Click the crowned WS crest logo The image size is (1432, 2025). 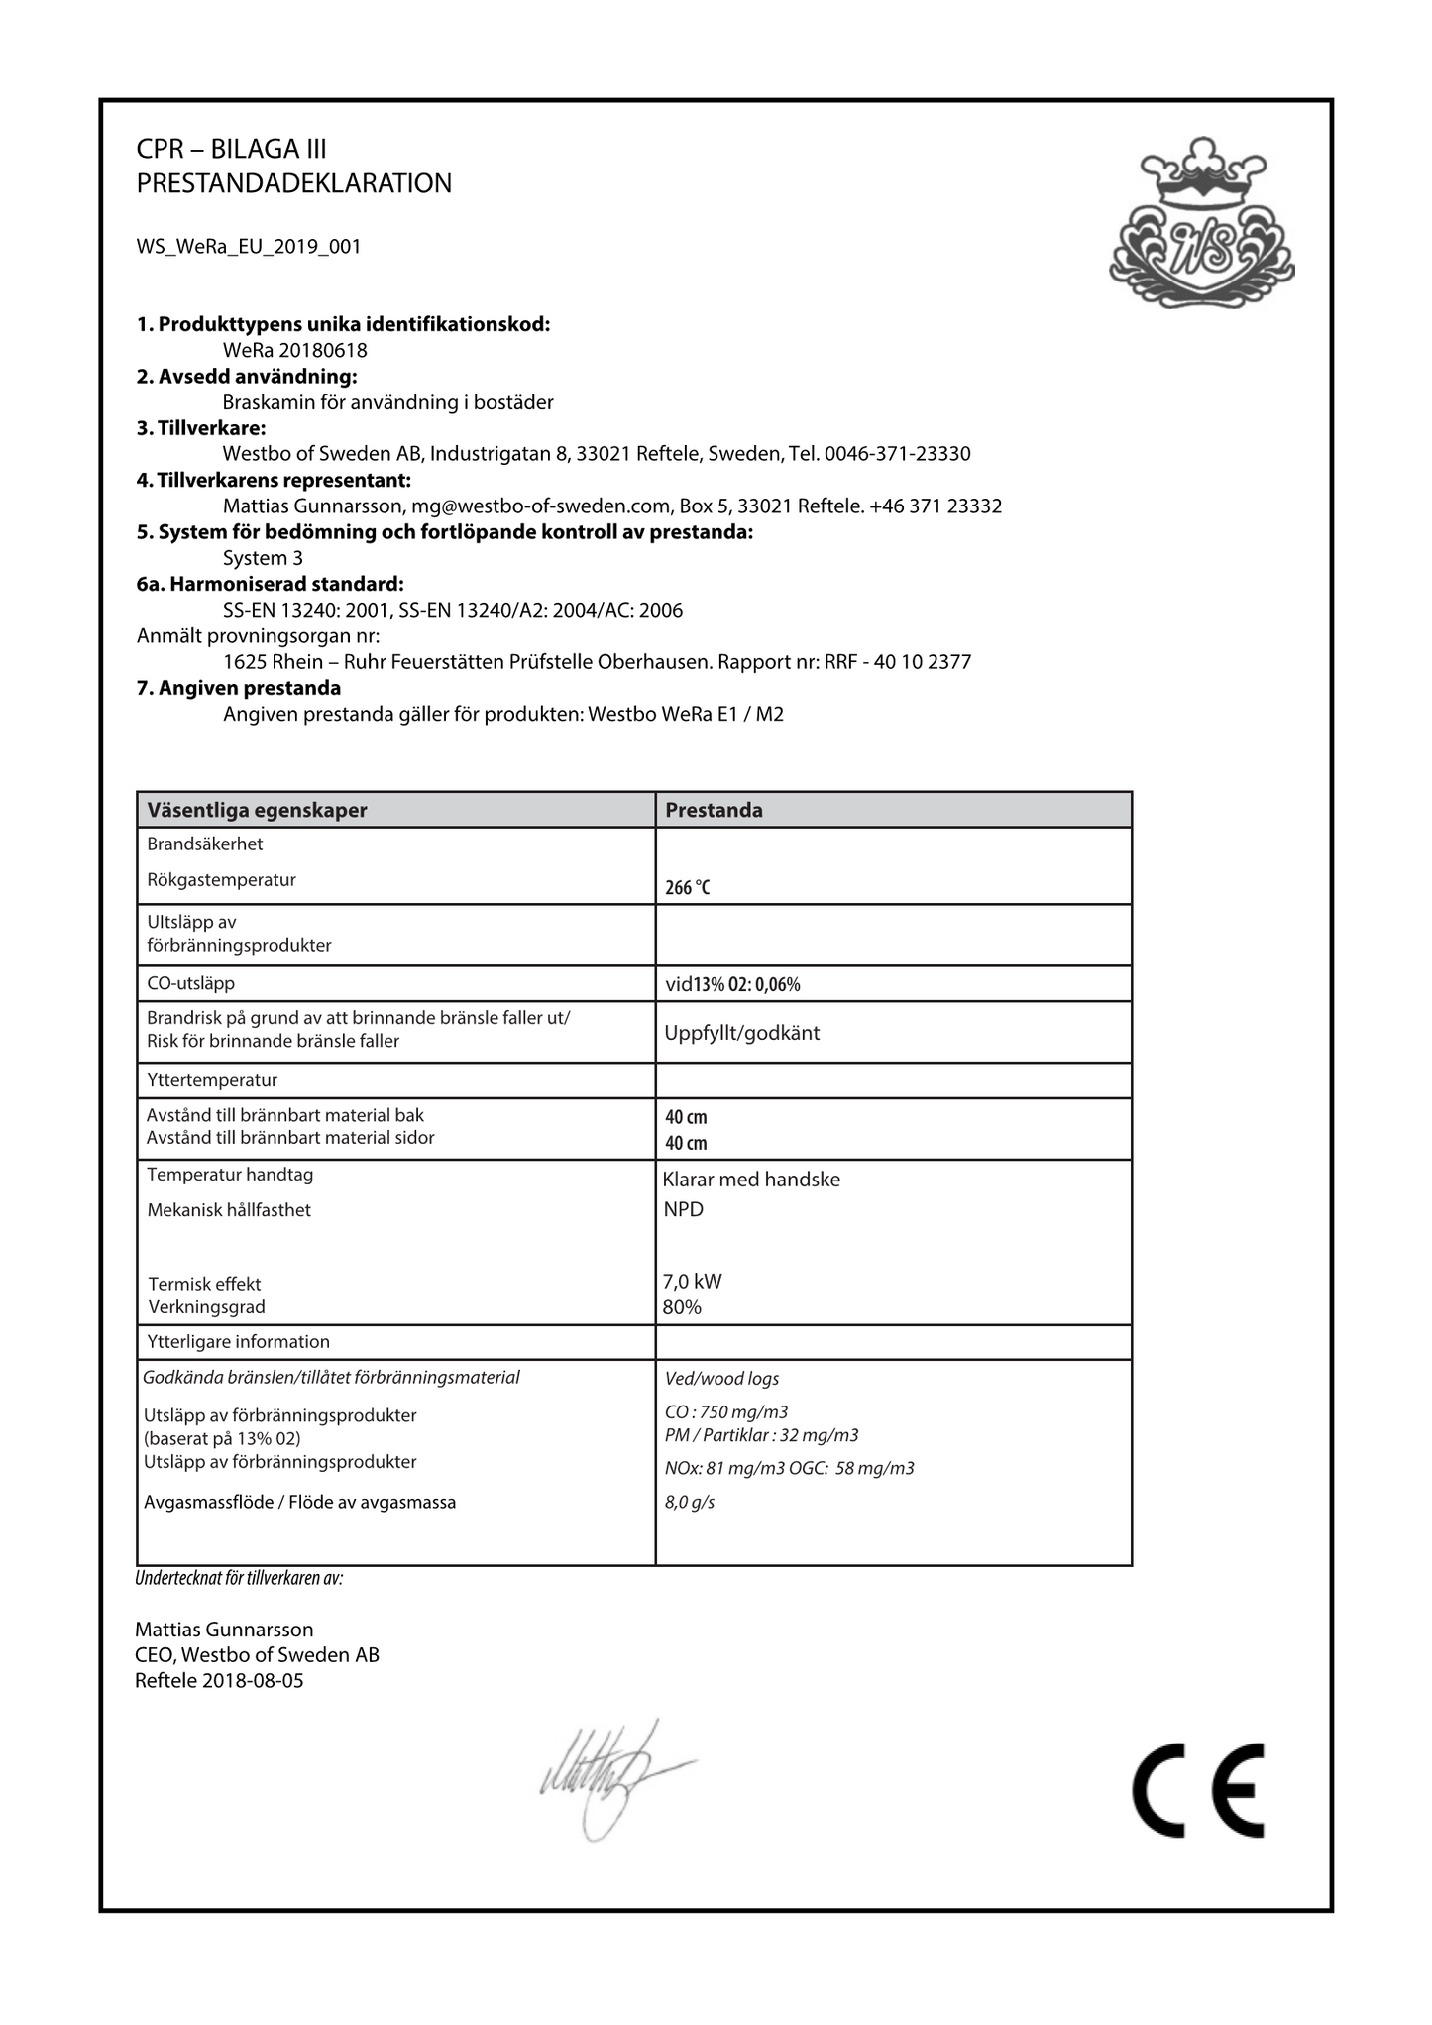[1201, 224]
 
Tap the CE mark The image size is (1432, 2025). [1198, 1790]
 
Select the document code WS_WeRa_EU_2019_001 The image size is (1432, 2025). [249, 247]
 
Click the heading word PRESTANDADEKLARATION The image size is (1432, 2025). [294, 183]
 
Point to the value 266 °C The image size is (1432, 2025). [688, 888]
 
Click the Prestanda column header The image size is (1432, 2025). [714, 810]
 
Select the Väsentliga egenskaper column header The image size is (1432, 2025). [257, 810]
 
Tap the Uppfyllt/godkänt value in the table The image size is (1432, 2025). [742, 1033]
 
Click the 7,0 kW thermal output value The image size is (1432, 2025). [693, 1281]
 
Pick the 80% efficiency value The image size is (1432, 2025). [682, 1307]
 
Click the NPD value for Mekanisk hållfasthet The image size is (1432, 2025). [684, 1209]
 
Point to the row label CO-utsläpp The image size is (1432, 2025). [190, 983]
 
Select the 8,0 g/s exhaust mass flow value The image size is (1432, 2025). [690, 1502]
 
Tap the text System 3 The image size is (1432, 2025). [263, 558]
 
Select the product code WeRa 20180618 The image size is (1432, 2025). [295, 350]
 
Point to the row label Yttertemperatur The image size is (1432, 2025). [212, 1080]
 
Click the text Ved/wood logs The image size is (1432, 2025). [721, 1379]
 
